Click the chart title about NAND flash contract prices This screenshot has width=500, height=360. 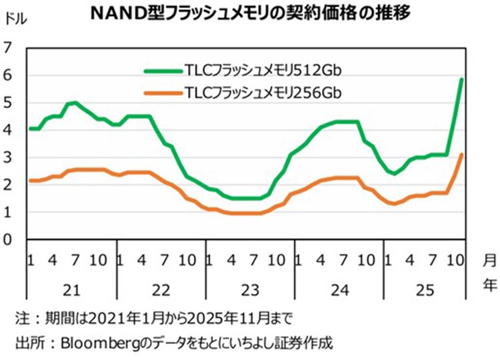250,12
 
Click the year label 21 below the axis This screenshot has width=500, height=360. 72,290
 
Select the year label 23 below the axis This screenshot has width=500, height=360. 249,290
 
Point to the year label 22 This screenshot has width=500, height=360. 161,290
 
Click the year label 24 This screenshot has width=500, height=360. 339,290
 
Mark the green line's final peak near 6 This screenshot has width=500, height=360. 461,79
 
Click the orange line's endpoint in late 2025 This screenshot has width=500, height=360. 461,155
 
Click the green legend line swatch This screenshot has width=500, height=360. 164,69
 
